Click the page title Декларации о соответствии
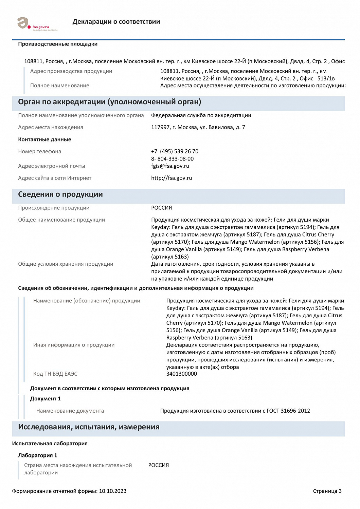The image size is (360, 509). click(116, 22)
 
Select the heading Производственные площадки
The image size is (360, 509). click(58, 44)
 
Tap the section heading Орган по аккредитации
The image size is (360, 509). click(109, 102)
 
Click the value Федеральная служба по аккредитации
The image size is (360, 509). click(201, 115)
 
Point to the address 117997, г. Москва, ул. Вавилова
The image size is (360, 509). click(198, 127)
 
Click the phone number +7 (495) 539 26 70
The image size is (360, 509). click(175, 151)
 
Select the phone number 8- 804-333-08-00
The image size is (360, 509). click(172, 159)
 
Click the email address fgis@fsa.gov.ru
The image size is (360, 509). click(170, 166)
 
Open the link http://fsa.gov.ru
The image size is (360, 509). click(172, 178)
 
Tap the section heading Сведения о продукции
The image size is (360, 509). click(60, 194)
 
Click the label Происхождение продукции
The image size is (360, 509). click(54, 208)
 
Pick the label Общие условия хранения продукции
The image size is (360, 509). click(66, 264)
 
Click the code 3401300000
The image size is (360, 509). click(181, 374)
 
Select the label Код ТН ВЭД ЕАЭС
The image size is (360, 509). click(55, 374)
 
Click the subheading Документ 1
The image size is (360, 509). click(46, 399)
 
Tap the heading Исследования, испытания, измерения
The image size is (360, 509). click(89, 427)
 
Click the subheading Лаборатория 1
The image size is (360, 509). click(38, 455)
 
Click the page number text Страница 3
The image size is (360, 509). click(327, 491)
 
